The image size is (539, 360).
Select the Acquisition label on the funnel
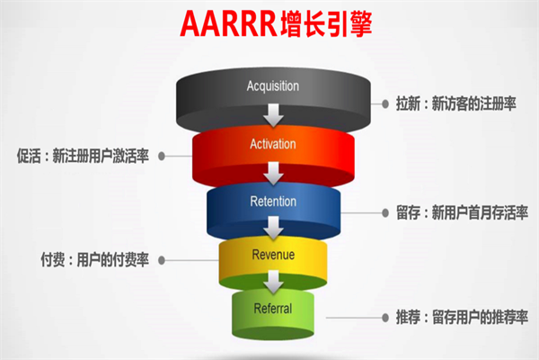coord(272,86)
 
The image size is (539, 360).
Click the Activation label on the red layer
coord(272,143)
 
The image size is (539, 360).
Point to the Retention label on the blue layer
coord(272,202)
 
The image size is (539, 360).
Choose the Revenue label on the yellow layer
coord(272,255)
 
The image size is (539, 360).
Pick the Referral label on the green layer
coord(272,309)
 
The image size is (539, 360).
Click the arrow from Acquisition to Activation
coord(272,116)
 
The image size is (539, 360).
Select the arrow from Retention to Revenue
coord(272,230)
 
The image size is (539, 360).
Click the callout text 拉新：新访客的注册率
coord(455,104)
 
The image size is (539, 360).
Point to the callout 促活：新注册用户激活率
coord(79,155)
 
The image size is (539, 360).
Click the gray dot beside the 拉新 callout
coord(384,104)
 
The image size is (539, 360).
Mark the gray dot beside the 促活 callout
coord(162,155)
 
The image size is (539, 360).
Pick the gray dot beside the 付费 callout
coord(162,260)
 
